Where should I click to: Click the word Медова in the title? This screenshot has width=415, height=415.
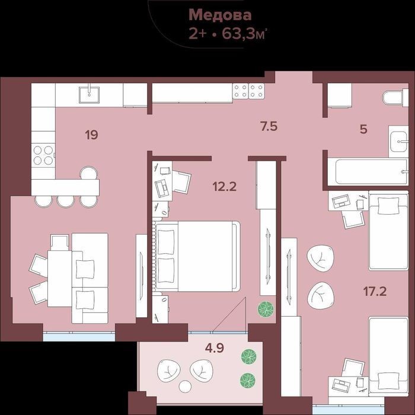click(x=220, y=15)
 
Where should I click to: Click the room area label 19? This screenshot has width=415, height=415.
click(x=91, y=135)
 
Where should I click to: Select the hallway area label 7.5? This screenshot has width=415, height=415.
click(x=269, y=126)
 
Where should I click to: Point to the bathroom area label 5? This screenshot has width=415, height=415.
click(x=363, y=129)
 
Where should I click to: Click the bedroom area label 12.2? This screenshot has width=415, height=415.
click(x=225, y=186)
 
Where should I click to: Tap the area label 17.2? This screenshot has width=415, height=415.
click(x=375, y=291)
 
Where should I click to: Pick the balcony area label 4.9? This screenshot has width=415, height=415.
click(x=215, y=348)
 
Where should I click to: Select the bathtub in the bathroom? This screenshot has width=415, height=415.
click(x=368, y=171)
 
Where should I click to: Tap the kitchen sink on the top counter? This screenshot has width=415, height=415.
click(x=89, y=94)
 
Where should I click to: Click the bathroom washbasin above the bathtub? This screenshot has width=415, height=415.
click(x=398, y=141)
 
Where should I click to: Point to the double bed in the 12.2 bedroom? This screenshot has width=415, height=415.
click(x=198, y=256)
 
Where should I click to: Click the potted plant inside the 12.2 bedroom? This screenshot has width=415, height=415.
click(x=266, y=309)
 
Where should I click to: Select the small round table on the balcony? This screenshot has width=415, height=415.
click(x=185, y=387)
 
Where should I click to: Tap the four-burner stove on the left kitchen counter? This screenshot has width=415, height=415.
click(x=43, y=155)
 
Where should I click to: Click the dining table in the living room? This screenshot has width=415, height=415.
click(x=60, y=279)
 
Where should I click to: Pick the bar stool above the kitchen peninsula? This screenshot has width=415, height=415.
click(x=89, y=173)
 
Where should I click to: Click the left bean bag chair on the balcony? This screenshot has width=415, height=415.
click(x=169, y=371)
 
